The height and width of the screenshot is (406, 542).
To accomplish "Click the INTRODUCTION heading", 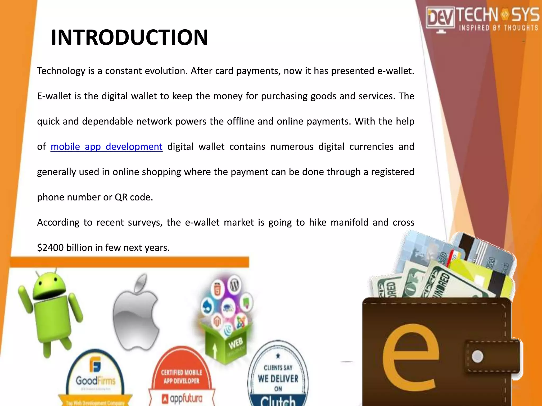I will pyautogui.click(x=129, y=37).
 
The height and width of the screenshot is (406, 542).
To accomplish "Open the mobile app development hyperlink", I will pyautogui.click(x=106, y=146).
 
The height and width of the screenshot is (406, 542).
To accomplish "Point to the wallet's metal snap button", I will pyautogui.click(x=477, y=356).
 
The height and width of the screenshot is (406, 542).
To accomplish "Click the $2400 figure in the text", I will pyautogui.click(x=50, y=248).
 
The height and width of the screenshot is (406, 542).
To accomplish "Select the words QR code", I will pyautogui.click(x=134, y=197).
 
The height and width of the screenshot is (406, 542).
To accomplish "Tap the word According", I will pyautogui.click(x=58, y=223).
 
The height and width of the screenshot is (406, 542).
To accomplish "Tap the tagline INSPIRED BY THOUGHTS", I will pyautogui.click(x=498, y=28).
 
